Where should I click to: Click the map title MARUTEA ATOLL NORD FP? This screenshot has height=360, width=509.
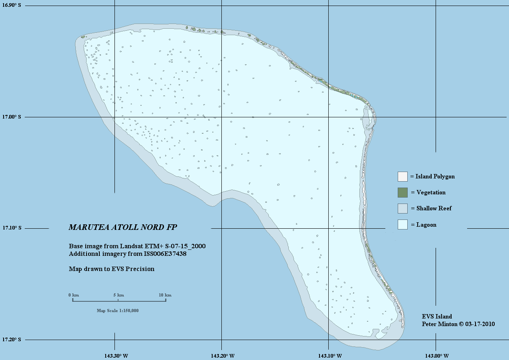tap(123, 227)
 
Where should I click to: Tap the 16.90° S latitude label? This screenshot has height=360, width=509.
tap(12, 6)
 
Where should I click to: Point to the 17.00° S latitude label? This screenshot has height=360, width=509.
tap(12, 117)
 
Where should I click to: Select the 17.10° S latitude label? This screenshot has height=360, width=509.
tap(12, 228)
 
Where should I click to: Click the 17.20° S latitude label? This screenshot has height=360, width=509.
tap(12, 340)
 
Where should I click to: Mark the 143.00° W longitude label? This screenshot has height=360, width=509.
tap(436, 356)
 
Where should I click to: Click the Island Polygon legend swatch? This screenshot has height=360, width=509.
tap(402, 176)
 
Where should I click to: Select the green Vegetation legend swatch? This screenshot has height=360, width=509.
tap(402, 192)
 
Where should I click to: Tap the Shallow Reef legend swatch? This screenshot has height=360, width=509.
tap(402, 208)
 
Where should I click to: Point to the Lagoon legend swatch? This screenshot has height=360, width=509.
tap(402, 225)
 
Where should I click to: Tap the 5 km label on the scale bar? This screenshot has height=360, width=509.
tap(118, 295)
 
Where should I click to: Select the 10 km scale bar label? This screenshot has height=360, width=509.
tap(165, 295)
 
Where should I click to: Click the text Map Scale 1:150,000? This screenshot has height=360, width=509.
tap(118, 310)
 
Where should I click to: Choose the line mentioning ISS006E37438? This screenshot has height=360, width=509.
tap(128, 253)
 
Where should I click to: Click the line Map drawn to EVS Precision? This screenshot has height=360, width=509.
tap(112, 269)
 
